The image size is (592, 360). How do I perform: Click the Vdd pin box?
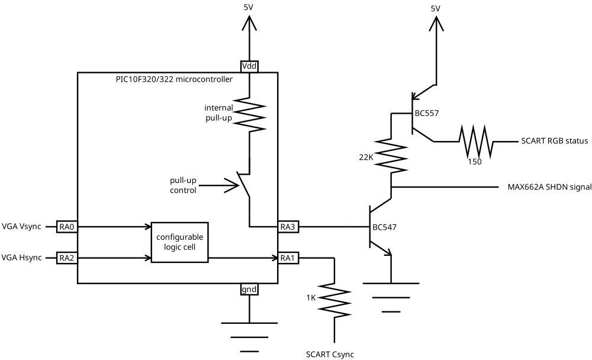click(x=249, y=66)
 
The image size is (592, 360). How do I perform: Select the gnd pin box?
click(x=249, y=290)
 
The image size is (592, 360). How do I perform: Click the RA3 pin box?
click(x=287, y=226)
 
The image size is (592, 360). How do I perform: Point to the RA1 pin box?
click(x=287, y=258)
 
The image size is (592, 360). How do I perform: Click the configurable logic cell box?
click(x=180, y=242)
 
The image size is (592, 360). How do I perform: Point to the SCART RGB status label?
click(x=554, y=142)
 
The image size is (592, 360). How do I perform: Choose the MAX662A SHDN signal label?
click(x=549, y=187)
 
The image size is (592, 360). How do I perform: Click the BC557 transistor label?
click(x=427, y=113)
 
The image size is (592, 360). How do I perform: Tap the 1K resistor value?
click(x=311, y=297)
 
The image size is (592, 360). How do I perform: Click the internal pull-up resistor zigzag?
click(x=249, y=115)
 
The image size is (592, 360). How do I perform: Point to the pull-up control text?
click(x=184, y=184)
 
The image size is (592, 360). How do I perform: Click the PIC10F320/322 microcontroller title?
click(x=174, y=79)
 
